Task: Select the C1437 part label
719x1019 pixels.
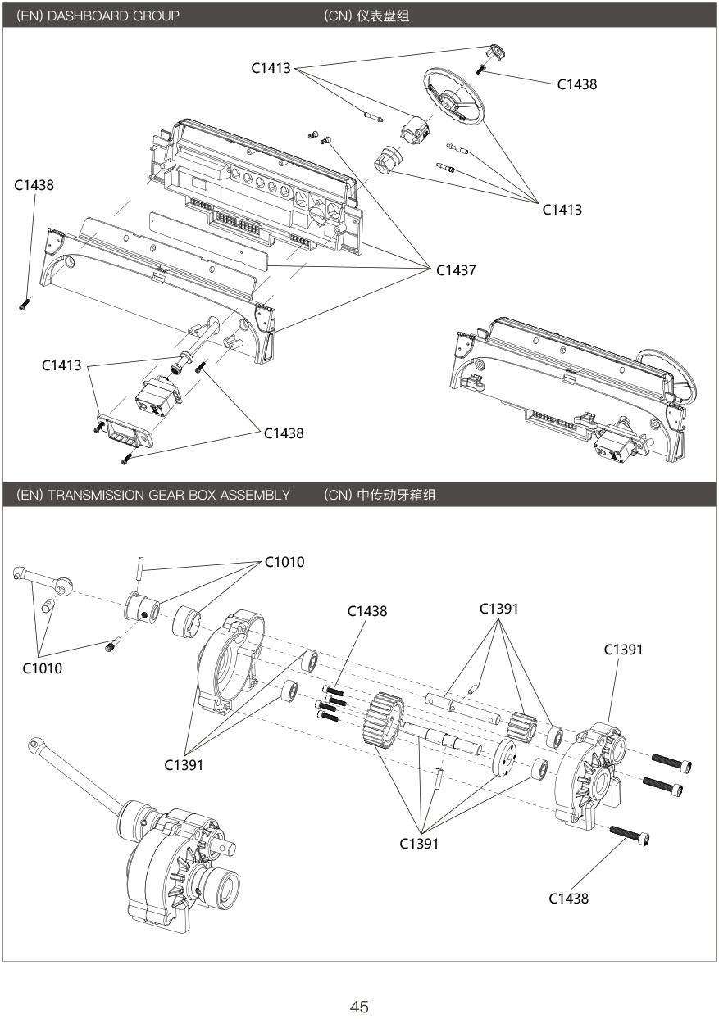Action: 456,269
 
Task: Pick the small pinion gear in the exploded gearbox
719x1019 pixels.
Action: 522,725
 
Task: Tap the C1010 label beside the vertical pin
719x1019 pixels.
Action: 284,562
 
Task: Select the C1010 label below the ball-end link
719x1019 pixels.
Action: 43,668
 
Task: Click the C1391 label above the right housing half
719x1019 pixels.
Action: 623,650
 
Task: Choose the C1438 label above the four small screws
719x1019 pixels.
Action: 367,611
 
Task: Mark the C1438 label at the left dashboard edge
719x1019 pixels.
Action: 34,186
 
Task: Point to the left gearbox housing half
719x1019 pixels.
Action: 231,663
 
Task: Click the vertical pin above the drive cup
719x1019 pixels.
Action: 141,567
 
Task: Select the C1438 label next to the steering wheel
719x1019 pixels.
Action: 576,84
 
